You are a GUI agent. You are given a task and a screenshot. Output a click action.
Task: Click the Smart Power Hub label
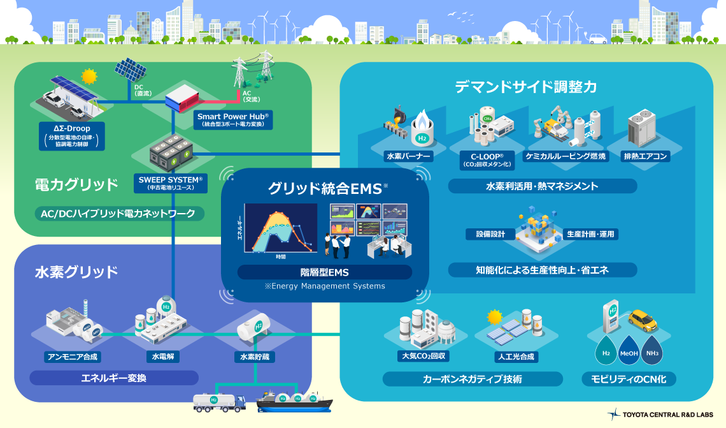(232, 120)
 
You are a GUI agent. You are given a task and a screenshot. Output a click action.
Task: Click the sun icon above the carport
(89, 77)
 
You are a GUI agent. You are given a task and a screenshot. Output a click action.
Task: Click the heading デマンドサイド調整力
(526, 87)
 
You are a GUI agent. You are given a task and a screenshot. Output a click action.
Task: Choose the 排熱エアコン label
(646, 156)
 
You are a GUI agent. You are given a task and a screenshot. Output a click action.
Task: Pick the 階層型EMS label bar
(325, 272)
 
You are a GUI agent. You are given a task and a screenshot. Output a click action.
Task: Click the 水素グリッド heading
(76, 272)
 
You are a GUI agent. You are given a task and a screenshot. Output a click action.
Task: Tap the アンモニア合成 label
(73, 357)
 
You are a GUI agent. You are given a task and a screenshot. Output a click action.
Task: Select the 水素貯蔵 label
(254, 357)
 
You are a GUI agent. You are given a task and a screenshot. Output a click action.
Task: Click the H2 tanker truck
(218, 400)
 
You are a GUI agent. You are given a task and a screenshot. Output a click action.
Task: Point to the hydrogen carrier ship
(294, 401)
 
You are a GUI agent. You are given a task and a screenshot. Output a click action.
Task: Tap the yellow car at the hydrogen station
(642, 320)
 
